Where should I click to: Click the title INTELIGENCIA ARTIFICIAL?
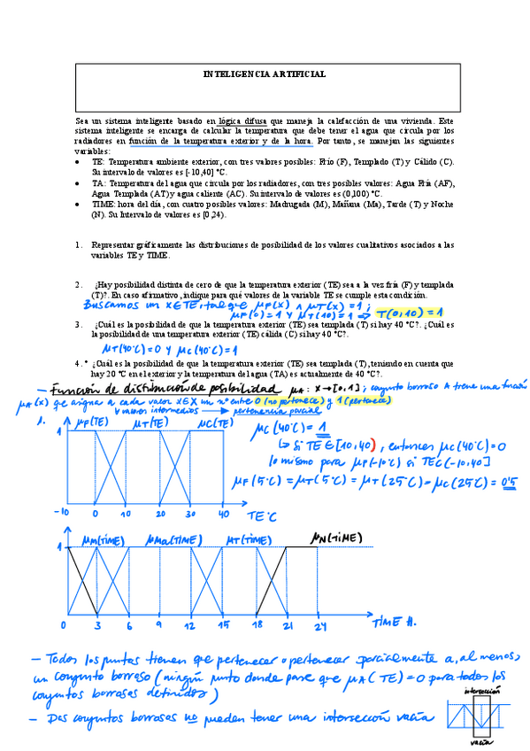(x=264, y=74)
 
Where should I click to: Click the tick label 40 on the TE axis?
(x=224, y=515)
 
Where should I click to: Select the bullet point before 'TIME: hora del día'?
(x=80, y=203)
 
